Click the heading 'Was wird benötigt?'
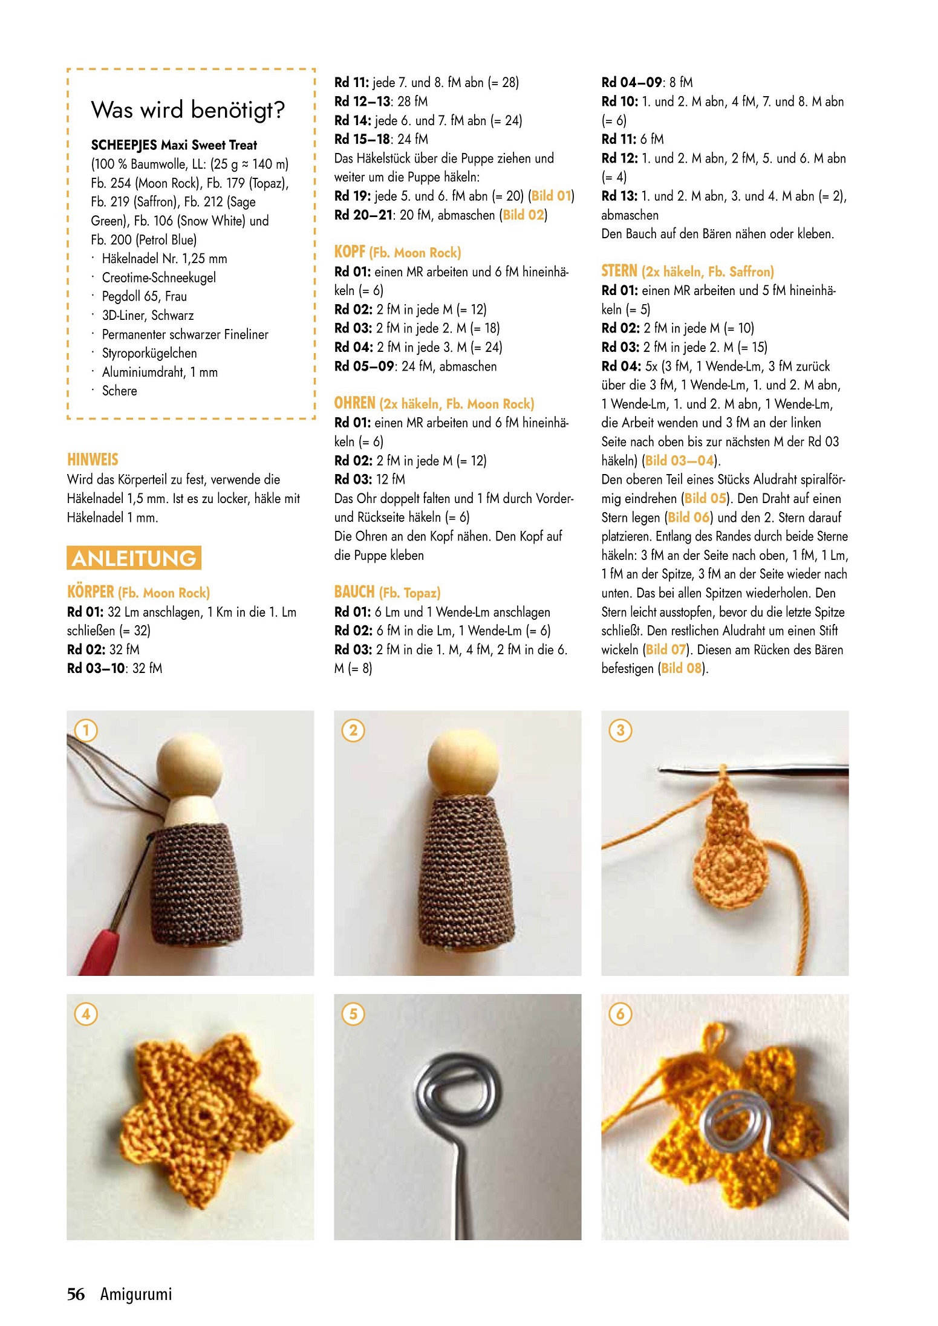187,110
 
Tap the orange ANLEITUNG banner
134,557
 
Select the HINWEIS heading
93,460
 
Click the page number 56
76,1294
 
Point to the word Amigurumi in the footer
136,1294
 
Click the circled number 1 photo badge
86,730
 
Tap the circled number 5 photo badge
353,1013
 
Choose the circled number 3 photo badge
620,730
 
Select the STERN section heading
688,271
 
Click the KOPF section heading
397,252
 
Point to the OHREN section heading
434,403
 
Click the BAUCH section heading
387,592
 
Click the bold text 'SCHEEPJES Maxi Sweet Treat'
174,145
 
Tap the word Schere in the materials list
120,391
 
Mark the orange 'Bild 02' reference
523,215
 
